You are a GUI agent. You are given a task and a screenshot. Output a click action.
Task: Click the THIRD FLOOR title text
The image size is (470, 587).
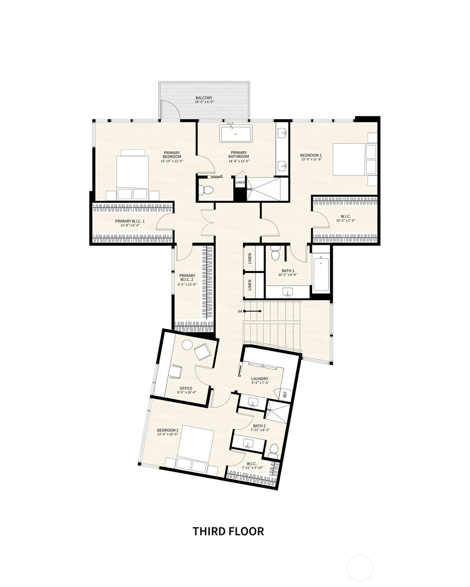pyautogui.click(x=228, y=531)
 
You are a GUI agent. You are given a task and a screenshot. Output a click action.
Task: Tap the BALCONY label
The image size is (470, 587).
pyautogui.click(x=204, y=98)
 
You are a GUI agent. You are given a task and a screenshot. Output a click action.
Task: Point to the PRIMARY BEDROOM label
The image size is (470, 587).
pyautogui.click(x=172, y=155)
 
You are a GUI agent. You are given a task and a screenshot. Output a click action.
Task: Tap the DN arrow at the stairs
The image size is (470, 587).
pyautogui.click(x=250, y=311)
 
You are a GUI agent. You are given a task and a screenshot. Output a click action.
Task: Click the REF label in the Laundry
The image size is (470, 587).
pyautogui.click(x=285, y=394)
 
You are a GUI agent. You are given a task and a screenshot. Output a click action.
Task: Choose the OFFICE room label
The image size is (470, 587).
pyautogui.click(x=186, y=388)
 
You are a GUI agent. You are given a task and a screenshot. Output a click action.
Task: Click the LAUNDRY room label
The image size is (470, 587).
pyautogui.click(x=259, y=379)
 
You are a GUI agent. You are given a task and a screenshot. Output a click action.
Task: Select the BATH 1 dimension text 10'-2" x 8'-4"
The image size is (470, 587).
pyautogui.click(x=288, y=275)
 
